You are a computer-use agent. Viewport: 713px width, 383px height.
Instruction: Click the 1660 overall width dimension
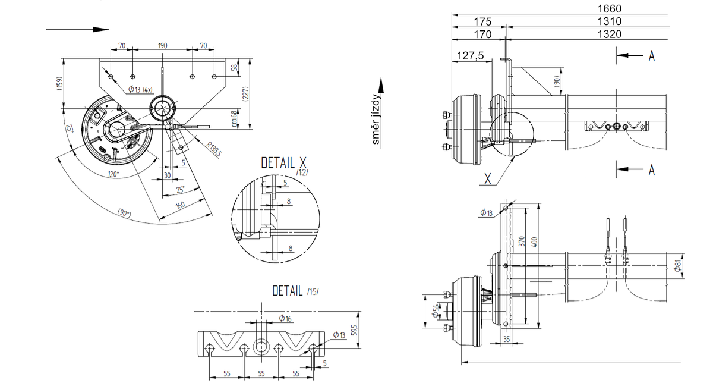pyautogui.click(x=610, y=8)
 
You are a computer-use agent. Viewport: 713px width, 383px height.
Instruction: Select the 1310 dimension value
pyautogui.click(x=610, y=21)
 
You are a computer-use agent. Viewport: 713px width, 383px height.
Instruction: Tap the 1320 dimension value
pyautogui.click(x=610, y=34)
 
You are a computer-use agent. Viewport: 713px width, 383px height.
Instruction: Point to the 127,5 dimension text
pyautogui.click(x=471, y=56)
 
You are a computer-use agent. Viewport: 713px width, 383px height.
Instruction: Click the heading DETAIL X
pyautogui.click(x=286, y=163)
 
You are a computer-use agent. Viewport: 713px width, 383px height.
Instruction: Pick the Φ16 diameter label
pyautogui.click(x=285, y=319)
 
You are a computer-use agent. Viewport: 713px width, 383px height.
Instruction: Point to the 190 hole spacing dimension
pyautogui.click(x=162, y=46)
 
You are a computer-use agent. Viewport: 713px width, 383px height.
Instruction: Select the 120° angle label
pyautogui.click(x=112, y=174)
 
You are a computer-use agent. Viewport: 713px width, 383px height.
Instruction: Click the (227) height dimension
pyautogui.click(x=245, y=93)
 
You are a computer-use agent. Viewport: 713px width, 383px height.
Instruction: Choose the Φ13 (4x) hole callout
pyautogui.click(x=141, y=89)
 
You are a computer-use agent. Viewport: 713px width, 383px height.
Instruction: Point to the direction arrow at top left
pyautogui.click(x=77, y=29)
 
